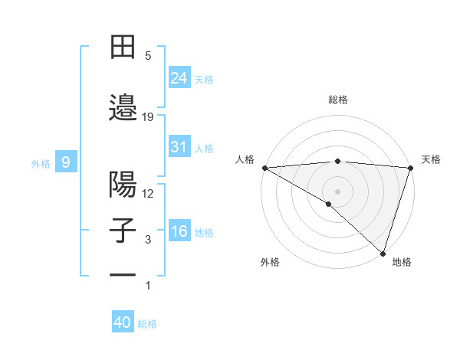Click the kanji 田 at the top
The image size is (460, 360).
coord(123,47)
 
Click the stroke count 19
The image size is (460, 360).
coord(148,116)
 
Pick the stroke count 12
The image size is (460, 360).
coord(148,193)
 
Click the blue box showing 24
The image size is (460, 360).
coord(179,78)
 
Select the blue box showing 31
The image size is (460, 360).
coord(179,147)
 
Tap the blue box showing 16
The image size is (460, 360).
coord(179,231)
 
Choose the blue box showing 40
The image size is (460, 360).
coord(123,322)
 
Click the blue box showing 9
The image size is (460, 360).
coord(67,162)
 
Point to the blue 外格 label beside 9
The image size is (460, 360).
coord(41,163)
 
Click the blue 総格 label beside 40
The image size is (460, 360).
coord(147,324)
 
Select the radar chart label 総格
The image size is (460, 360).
coord(337,100)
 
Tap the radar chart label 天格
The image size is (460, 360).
coord(431,159)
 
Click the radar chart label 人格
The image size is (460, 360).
coord(245,159)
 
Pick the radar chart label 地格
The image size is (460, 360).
coord(401,262)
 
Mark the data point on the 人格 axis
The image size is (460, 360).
coord(264,168)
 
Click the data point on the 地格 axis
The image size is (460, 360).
coord(383,253)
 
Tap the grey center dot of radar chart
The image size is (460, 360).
coord(337,191)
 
